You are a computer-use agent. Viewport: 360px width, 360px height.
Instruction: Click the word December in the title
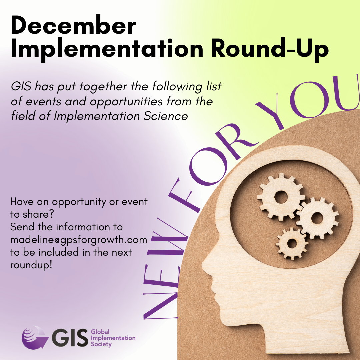73,25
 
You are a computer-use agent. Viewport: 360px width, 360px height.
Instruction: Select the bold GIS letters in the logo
70,338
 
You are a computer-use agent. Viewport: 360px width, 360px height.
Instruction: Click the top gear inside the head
281,197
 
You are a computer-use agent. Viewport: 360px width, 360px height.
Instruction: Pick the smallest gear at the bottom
292,243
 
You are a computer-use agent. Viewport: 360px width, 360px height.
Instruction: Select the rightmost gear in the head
317,218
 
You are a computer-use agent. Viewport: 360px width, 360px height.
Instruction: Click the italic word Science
166,116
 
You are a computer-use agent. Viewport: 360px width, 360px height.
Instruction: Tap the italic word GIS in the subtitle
21,87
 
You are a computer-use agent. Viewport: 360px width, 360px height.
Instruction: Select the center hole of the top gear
281,197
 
